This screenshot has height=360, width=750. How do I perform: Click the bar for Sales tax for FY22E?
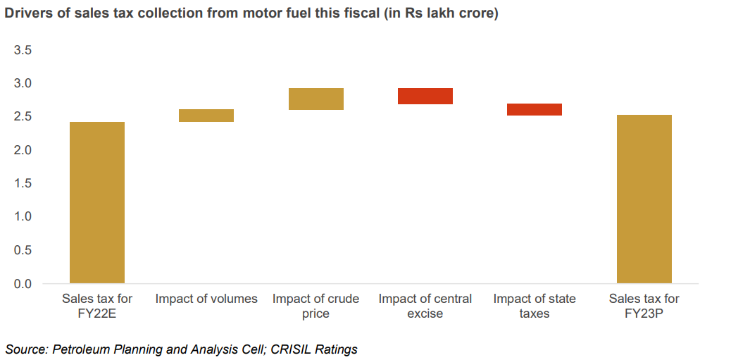click(97, 203)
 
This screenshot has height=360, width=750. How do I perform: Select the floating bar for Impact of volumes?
click(206, 116)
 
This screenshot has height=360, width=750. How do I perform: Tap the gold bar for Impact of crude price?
click(315, 99)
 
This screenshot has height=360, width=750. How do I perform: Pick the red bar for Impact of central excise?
click(425, 96)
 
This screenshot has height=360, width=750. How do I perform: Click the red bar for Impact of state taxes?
click(535, 109)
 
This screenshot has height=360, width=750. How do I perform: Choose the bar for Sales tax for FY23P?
click(644, 199)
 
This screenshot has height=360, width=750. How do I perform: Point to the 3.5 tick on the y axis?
click(23, 50)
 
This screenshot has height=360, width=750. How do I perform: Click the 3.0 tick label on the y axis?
click(23, 83)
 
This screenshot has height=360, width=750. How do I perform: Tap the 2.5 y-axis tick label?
click(23, 116)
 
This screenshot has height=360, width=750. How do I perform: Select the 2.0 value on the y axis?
click(23, 150)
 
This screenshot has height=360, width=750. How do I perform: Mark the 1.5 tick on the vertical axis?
click(23, 183)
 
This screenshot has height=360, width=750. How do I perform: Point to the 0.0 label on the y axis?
click(23, 284)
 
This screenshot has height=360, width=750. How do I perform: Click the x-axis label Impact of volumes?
click(206, 299)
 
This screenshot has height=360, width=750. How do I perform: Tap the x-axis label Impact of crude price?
click(315, 306)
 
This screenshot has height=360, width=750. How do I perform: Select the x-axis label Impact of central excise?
click(425, 306)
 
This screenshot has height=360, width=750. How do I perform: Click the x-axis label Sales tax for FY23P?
click(644, 306)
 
